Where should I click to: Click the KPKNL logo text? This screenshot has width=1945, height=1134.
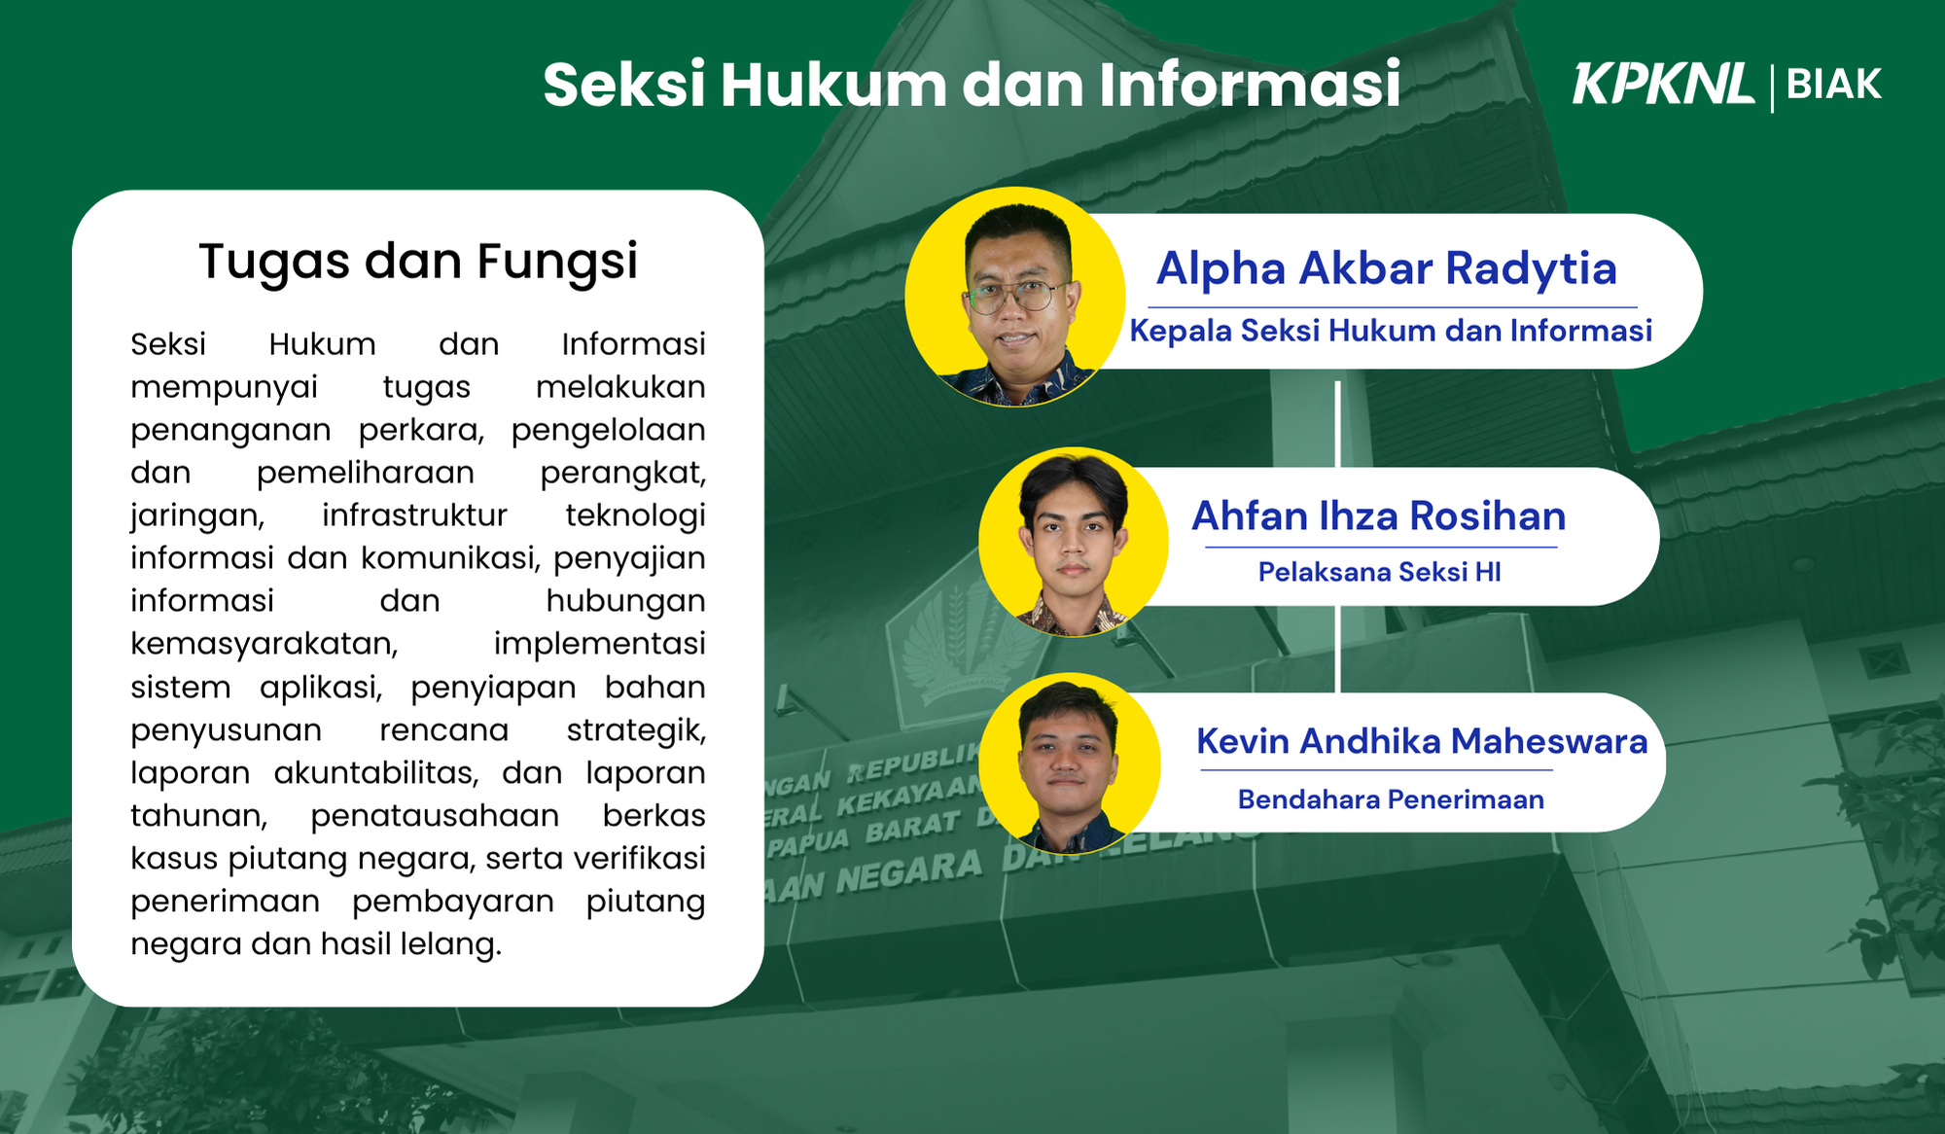[1663, 84]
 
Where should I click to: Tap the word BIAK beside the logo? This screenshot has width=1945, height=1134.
[1834, 85]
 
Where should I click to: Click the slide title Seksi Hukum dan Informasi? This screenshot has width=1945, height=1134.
[972, 84]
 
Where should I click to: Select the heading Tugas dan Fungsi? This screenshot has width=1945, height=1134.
[418, 262]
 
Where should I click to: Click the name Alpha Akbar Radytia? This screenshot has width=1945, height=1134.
[1387, 268]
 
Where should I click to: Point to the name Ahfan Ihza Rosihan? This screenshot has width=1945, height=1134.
[1379, 515]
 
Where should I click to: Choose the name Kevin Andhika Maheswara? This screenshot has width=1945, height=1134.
[1422, 741]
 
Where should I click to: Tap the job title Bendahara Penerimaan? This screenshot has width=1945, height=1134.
[1391, 799]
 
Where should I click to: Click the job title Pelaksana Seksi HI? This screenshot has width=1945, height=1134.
[1379, 572]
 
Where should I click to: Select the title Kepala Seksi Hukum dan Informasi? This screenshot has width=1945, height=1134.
[1391, 331]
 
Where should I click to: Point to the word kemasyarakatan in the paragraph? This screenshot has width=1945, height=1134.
[265, 644]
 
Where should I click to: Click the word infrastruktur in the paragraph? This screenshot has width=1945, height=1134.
[414, 515]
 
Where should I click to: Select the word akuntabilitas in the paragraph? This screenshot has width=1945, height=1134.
[376, 773]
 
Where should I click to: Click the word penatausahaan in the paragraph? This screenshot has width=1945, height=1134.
[435, 816]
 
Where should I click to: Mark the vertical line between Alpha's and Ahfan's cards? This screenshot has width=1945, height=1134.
[1338, 424]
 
